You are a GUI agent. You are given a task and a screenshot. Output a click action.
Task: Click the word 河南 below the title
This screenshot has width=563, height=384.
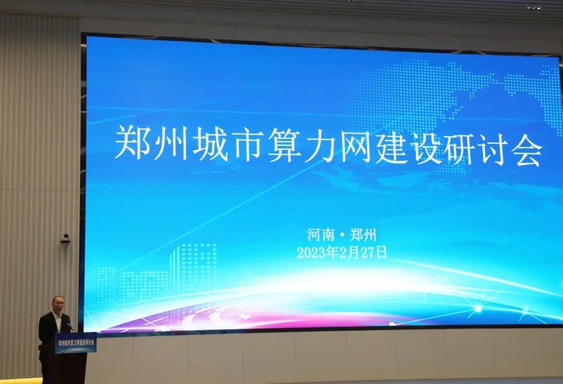(x=321, y=234)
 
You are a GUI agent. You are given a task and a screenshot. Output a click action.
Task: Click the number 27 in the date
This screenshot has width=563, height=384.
(x=368, y=253)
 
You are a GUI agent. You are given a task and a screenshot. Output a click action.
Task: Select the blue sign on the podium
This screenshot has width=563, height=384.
(x=76, y=343)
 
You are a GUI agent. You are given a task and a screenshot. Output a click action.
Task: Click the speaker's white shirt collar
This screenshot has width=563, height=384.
(x=56, y=318)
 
